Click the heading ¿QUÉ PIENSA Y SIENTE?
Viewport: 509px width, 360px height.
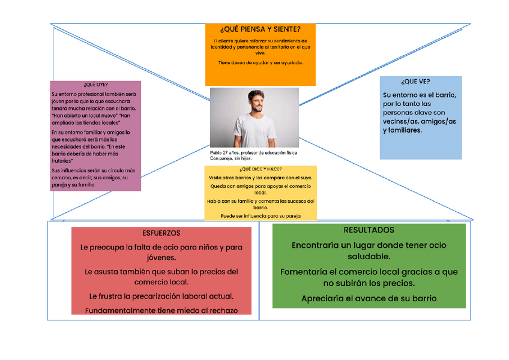pyautogui.click(x=260, y=29)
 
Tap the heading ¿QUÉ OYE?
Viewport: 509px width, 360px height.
pyautogui.click(x=96, y=85)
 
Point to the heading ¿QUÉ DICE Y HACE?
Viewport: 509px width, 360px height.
pyautogui.click(x=260, y=169)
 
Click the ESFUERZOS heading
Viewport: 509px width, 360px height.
pyautogui.click(x=161, y=233)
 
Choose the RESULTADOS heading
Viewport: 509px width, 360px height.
pyautogui.click(x=369, y=230)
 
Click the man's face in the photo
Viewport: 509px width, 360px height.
pyautogui.click(x=257, y=102)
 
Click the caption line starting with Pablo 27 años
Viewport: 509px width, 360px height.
pyautogui.click(x=253, y=153)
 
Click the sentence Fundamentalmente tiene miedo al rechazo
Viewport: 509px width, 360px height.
pyautogui.click(x=161, y=310)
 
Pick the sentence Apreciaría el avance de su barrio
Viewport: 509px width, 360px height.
pyautogui.click(x=369, y=298)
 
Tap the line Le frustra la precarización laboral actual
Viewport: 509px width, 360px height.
pyautogui.click(x=161, y=296)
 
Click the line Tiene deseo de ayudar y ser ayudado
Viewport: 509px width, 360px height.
pyautogui.click(x=260, y=62)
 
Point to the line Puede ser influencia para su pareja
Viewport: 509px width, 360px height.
pyautogui.click(x=260, y=216)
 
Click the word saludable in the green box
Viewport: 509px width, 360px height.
pyautogui.click(x=369, y=257)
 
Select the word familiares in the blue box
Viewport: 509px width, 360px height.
pyautogui.click(x=402, y=130)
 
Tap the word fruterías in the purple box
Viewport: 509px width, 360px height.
pyautogui.click(x=62, y=161)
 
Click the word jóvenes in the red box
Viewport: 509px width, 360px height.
pyautogui.click(x=161, y=257)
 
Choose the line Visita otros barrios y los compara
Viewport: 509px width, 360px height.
pyautogui.click(x=260, y=178)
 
